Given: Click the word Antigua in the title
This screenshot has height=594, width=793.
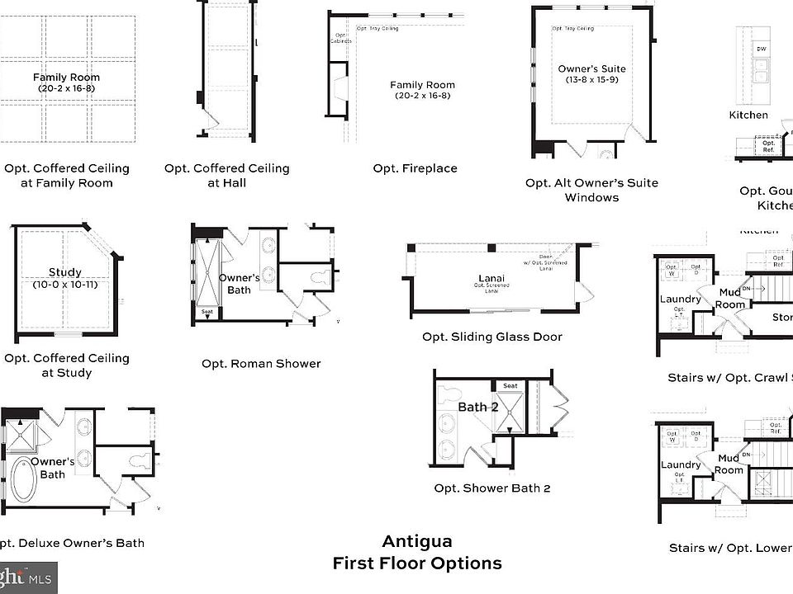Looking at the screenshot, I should pos(416,542).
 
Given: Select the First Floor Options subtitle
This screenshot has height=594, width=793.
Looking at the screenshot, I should pos(416,563).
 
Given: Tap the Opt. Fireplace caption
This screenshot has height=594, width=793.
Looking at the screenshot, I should pos(415,168).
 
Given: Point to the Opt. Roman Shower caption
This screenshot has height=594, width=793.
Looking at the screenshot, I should pos(261,363).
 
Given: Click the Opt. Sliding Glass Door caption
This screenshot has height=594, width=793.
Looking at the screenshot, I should pos(491,337).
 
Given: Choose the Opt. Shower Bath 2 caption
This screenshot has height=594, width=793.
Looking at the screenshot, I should pos(491,488).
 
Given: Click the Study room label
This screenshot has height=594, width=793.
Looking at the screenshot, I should pos(64,272).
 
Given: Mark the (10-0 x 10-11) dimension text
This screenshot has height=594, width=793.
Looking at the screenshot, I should pos(65,285).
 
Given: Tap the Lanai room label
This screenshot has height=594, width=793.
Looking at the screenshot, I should pos(491,278).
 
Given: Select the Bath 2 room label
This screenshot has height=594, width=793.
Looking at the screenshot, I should pos(478,407).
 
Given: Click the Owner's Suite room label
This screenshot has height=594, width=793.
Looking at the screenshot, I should pos(591,69).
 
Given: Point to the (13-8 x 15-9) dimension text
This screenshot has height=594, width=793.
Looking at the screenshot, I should pos(591,81).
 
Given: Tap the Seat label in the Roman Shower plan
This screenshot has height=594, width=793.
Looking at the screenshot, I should pos(207,312).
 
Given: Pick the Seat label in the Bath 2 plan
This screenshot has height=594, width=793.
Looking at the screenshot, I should pos(510,386).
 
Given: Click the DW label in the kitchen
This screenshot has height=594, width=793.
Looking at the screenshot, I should pos(761,49).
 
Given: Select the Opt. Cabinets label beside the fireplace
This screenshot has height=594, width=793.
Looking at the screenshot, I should pos(341,39).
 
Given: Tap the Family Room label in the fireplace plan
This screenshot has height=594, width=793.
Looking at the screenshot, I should pos(422,85).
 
